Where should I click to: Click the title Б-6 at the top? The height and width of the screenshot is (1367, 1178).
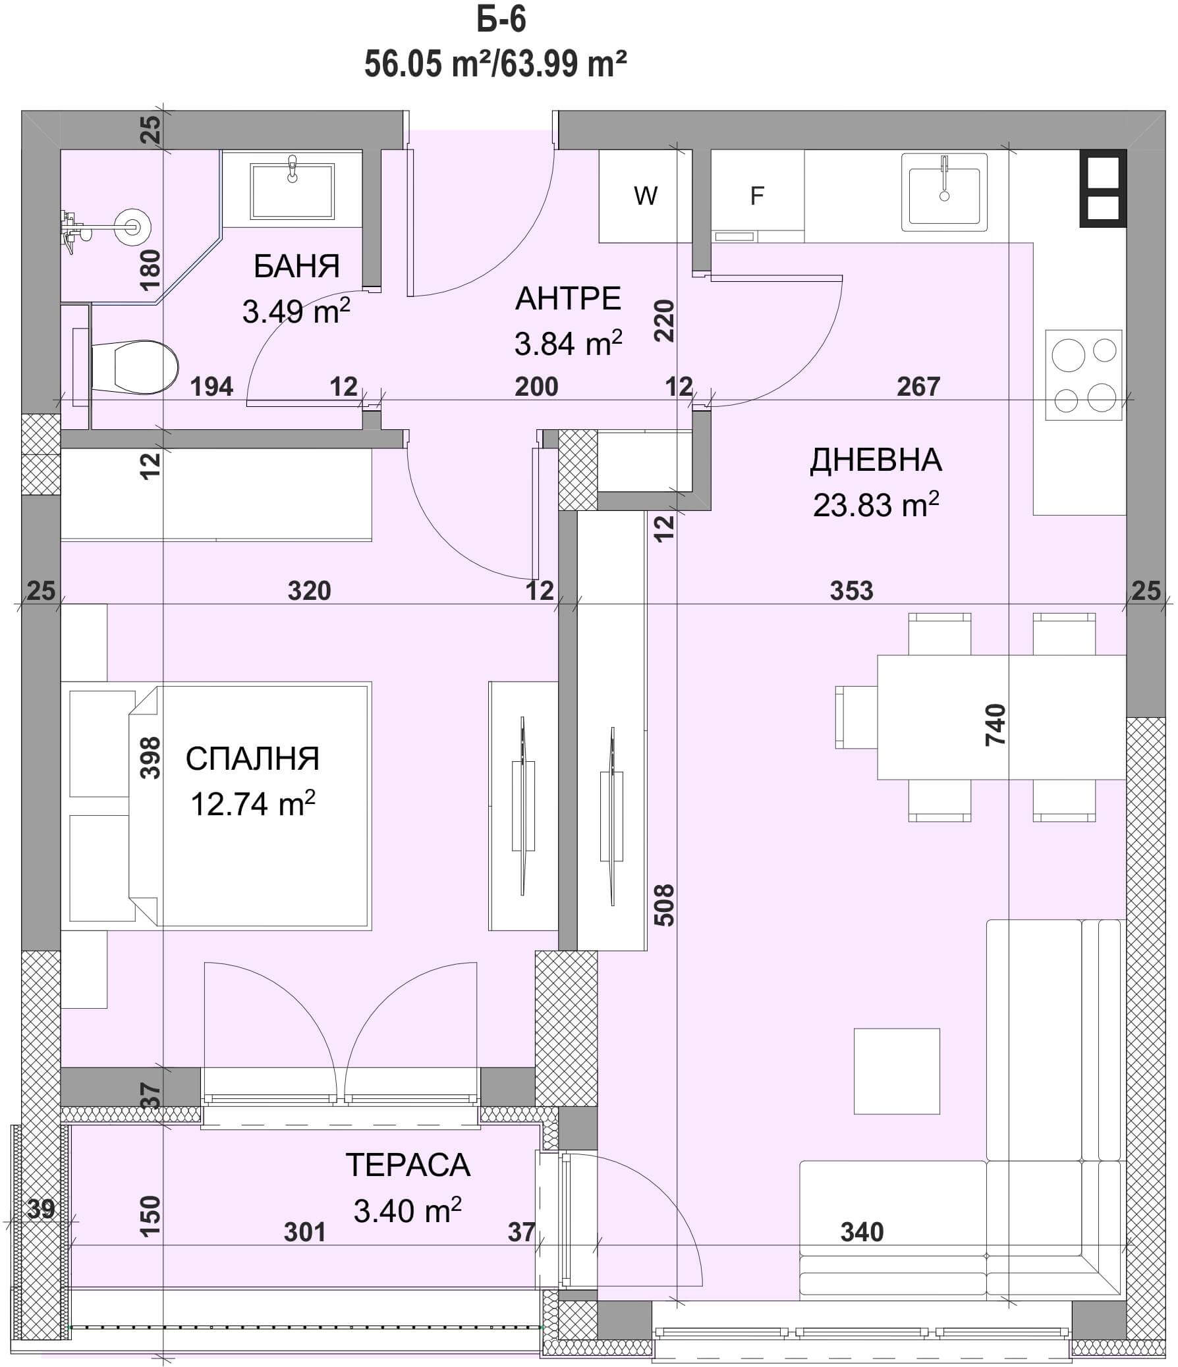click(501, 20)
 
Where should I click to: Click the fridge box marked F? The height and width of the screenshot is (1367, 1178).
click(757, 196)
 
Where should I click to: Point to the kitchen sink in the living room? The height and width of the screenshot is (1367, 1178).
click(944, 193)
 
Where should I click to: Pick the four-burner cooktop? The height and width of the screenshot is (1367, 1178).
click(1084, 375)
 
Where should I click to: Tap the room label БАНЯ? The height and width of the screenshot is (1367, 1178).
click(297, 267)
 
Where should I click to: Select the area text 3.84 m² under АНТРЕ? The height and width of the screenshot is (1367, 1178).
click(568, 344)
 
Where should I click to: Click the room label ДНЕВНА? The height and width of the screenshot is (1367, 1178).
click(876, 460)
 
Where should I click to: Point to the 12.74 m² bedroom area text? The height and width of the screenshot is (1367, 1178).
click(253, 804)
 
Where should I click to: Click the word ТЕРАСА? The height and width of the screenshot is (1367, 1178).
click(408, 1165)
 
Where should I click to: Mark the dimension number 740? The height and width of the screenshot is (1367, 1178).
click(996, 725)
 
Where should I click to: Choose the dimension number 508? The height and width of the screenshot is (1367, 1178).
click(666, 905)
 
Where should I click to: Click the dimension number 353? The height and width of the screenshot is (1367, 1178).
click(851, 591)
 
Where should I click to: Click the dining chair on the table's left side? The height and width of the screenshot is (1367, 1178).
click(856, 716)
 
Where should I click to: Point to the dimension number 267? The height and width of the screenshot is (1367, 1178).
click(918, 387)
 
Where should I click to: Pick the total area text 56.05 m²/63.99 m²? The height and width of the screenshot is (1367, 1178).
click(495, 65)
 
